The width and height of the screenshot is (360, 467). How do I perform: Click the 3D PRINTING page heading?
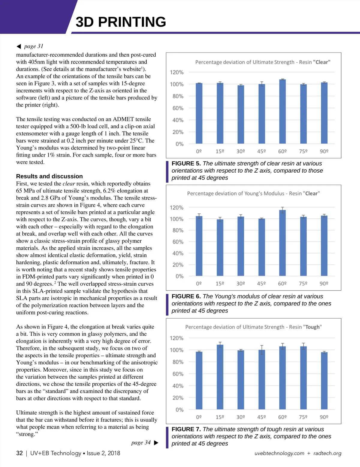(x=121, y=22)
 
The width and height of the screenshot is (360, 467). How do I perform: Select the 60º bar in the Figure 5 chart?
(x=282, y=112)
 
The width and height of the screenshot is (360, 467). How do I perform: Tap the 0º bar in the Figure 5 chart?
(x=199, y=113)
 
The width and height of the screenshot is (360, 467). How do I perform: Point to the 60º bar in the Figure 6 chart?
(x=282, y=243)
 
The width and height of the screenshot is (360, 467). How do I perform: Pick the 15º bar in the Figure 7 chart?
(x=220, y=377)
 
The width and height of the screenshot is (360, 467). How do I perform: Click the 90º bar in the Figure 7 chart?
(x=324, y=381)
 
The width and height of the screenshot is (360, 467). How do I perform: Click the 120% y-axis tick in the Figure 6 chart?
(x=176, y=207)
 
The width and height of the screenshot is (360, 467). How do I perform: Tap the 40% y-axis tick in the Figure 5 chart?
(x=178, y=120)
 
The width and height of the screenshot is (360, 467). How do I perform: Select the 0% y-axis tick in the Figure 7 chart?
(x=179, y=410)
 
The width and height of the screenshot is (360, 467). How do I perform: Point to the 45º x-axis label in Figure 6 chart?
(x=261, y=284)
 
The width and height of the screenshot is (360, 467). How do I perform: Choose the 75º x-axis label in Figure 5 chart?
(x=303, y=151)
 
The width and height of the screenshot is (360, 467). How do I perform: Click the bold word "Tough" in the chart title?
(x=312, y=327)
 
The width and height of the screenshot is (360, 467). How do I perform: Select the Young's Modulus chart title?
(x=253, y=194)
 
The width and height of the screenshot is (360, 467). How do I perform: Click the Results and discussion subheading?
(x=49, y=176)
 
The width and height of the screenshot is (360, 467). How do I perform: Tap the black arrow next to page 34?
(x=156, y=443)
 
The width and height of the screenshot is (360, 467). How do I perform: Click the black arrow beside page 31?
(x=19, y=46)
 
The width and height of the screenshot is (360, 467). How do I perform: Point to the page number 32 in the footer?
(x=19, y=453)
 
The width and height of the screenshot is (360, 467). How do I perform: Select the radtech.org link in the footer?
(x=327, y=453)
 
